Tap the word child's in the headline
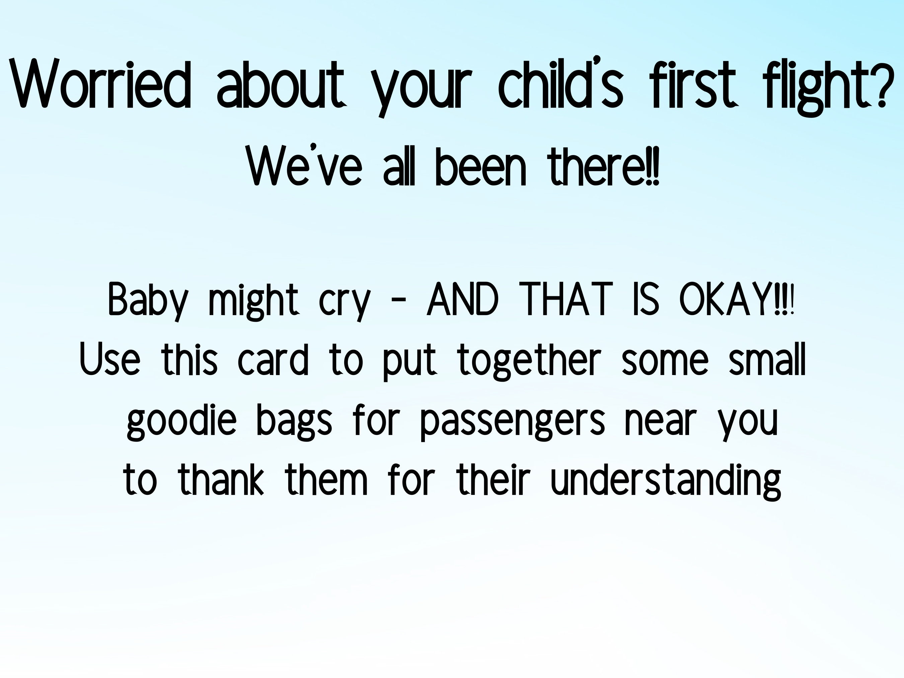click(560, 84)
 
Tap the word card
click(273, 360)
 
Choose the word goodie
click(181, 421)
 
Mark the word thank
click(221, 480)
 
